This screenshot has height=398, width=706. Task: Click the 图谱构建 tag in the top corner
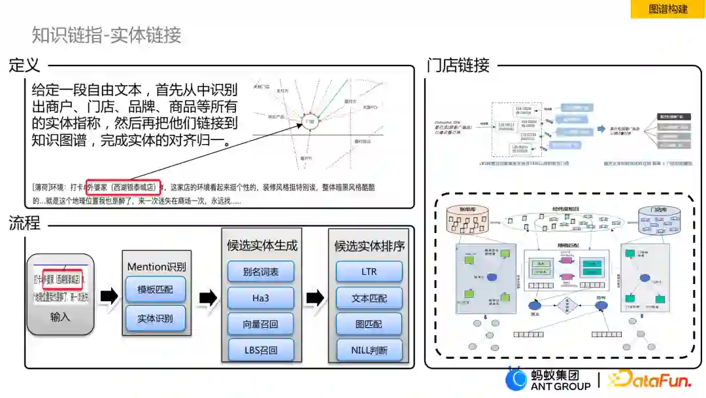[668, 9]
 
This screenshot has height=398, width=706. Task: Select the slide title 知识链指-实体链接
[107, 35]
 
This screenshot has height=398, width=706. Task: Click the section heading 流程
[25, 223]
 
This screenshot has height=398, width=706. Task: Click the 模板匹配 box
[156, 289]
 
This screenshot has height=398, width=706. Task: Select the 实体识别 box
[156, 318]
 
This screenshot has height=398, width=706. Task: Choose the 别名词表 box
[260, 272]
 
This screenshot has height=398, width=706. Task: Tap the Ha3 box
[260, 298]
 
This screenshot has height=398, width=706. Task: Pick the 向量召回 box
[260, 323]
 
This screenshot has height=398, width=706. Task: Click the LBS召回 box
[260, 350]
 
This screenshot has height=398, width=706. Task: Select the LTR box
[369, 272]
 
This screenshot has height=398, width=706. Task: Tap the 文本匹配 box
[369, 298]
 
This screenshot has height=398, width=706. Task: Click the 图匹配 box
[369, 323]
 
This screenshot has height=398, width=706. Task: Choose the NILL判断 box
[369, 350]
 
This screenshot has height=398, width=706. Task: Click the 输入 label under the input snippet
[60, 317]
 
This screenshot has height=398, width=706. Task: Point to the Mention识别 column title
[156, 266]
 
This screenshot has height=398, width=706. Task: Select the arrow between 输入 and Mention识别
[109, 297]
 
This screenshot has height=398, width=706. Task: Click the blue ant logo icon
[516, 379]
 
